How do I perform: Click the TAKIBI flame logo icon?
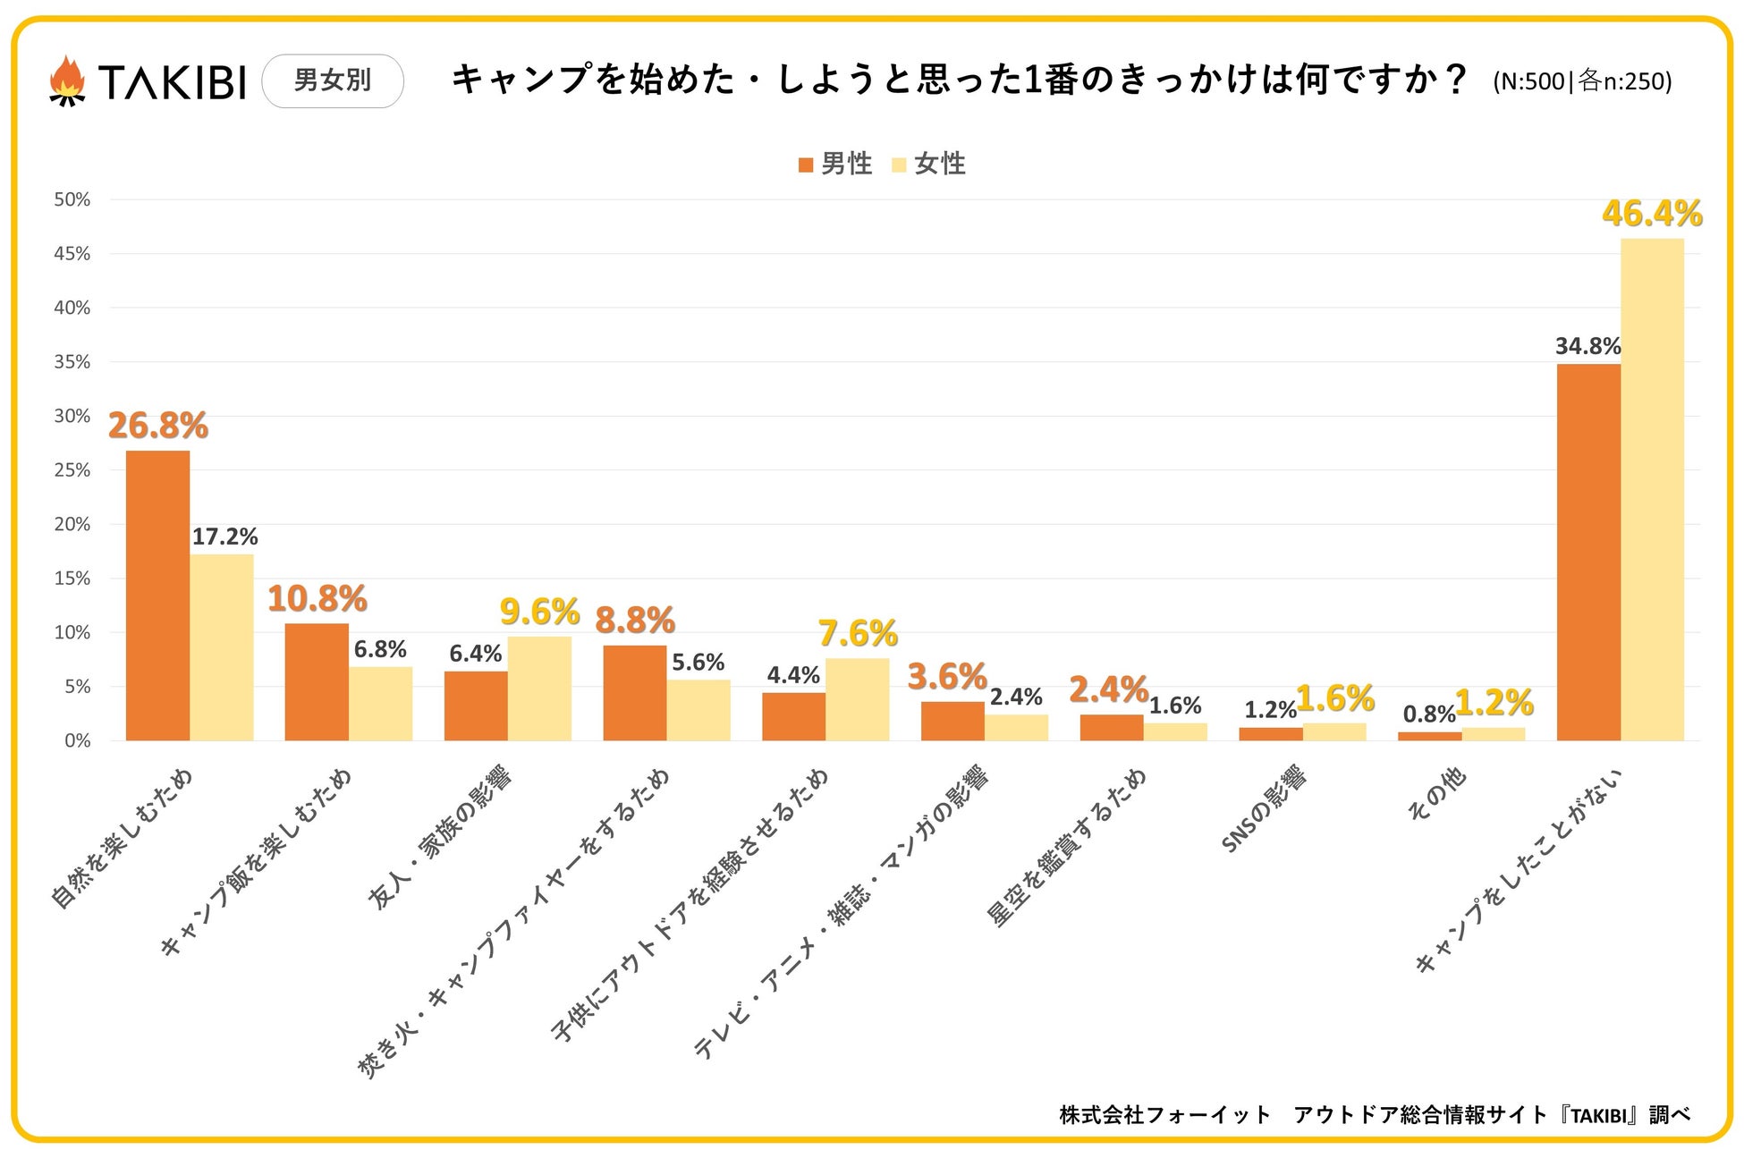tap(67, 81)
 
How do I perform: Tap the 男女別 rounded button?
tap(333, 80)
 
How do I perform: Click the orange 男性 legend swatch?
tap(806, 165)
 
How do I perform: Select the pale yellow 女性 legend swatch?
tap(899, 165)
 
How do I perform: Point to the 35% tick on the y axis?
tap(72, 362)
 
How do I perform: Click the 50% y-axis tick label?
tap(72, 199)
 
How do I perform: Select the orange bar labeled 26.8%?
tap(157, 596)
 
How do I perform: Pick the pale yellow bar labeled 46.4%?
tap(1652, 489)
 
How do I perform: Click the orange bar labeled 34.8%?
tap(1588, 552)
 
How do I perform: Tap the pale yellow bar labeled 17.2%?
tap(222, 647)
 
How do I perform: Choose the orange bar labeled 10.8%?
tap(317, 681)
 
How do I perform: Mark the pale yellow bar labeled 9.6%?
tap(539, 689)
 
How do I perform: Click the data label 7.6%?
tap(858, 634)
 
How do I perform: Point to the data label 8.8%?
tap(635, 621)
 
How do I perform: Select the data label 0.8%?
tap(1428, 714)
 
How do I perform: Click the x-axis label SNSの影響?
tap(1264, 809)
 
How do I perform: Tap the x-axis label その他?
tap(1437, 794)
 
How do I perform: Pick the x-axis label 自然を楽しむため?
tap(123, 838)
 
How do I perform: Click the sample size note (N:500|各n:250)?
tap(1582, 81)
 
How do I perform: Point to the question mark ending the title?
tap(1455, 80)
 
